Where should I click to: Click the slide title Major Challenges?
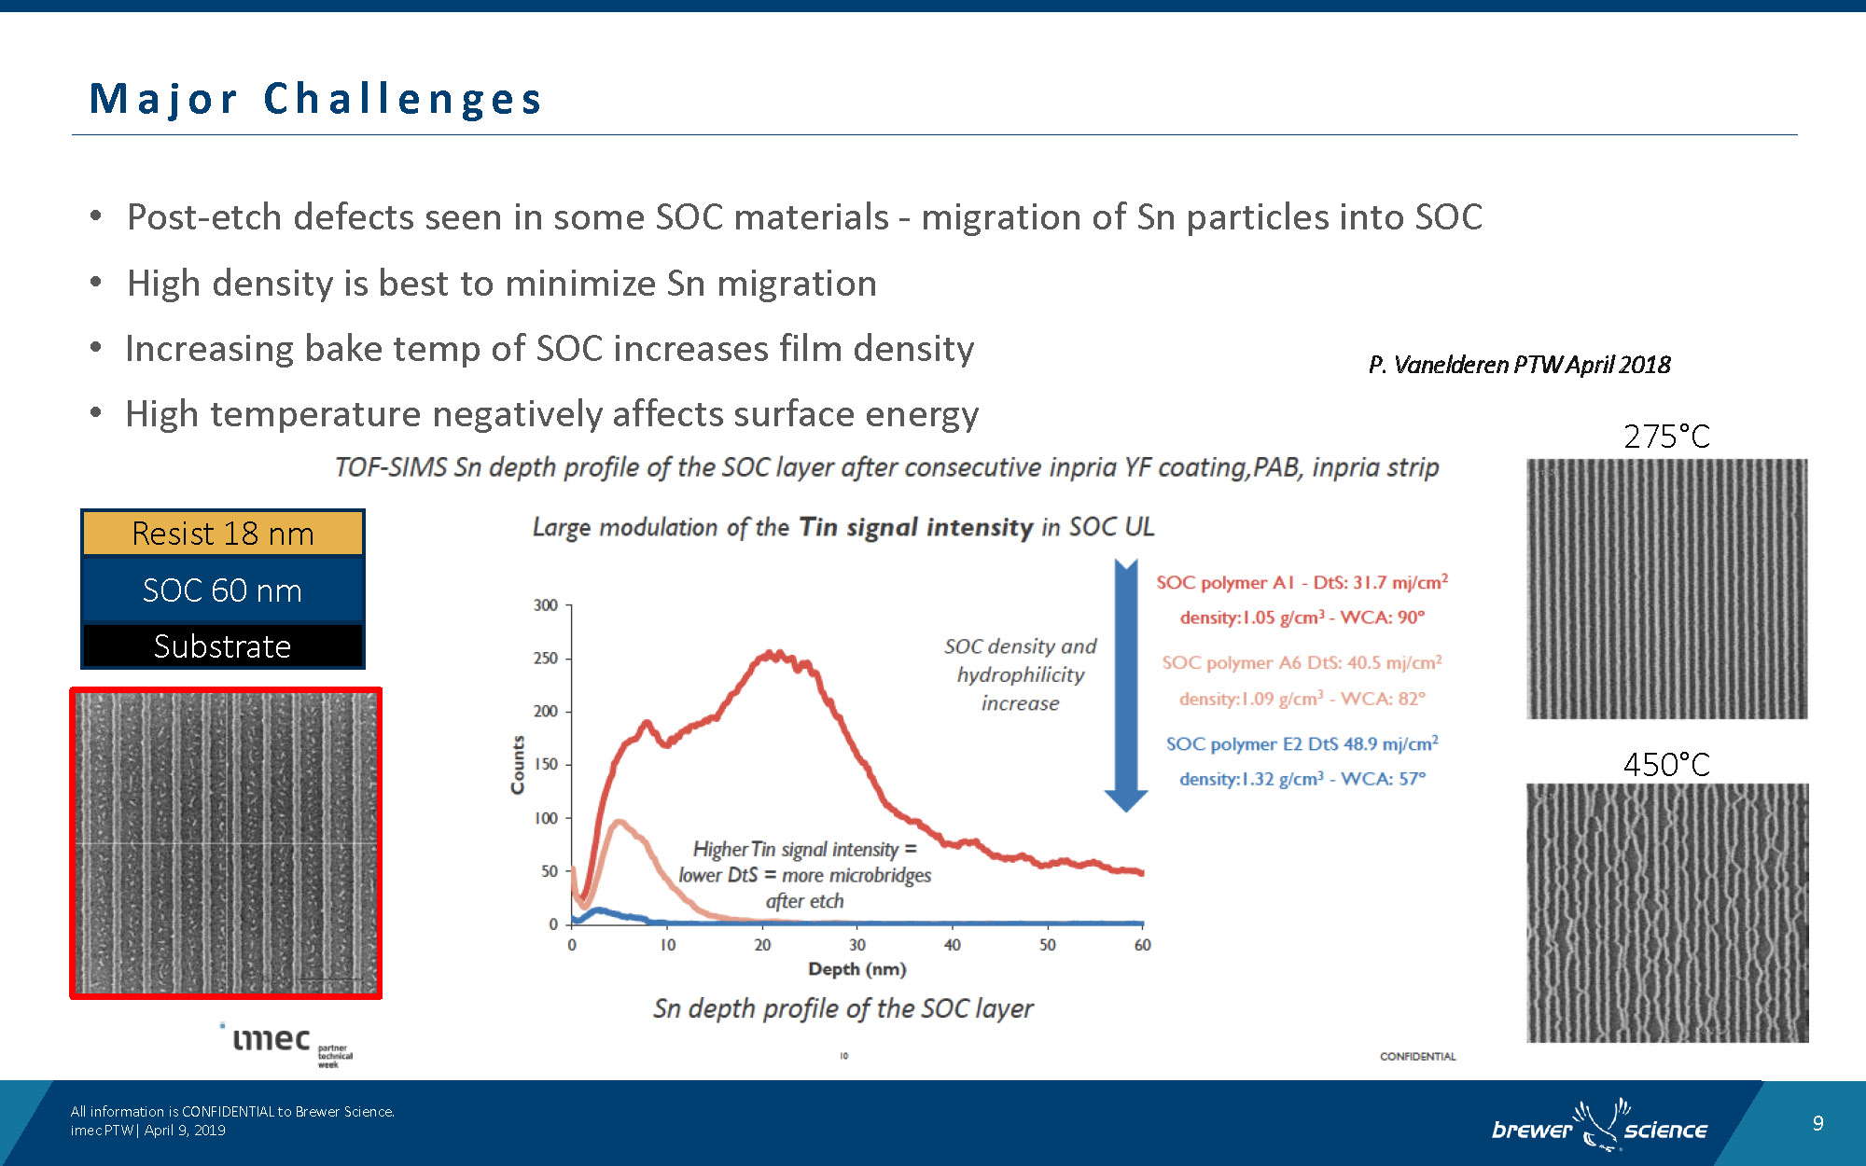click(315, 99)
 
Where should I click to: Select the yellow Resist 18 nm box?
click(222, 533)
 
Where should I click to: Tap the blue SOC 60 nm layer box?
click(222, 590)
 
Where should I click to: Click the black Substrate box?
click(222, 645)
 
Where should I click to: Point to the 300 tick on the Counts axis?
click(546, 605)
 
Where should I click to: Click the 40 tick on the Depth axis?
click(952, 944)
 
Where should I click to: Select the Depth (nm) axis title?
click(856, 969)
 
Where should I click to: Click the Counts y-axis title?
click(518, 765)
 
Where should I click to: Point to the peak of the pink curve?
click(619, 823)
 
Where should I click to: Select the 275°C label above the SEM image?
click(1666, 437)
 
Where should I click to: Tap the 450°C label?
click(1666, 765)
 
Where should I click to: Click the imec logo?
click(272, 1040)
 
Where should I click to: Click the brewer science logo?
click(1599, 1127)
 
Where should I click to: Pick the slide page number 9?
click(1817, 1123)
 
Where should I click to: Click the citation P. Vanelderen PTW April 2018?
click(1519, 365)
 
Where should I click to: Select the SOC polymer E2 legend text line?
click(1302, 744)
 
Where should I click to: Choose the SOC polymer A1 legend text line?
click(1302, 583)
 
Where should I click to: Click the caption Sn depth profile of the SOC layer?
click(842, 1008)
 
